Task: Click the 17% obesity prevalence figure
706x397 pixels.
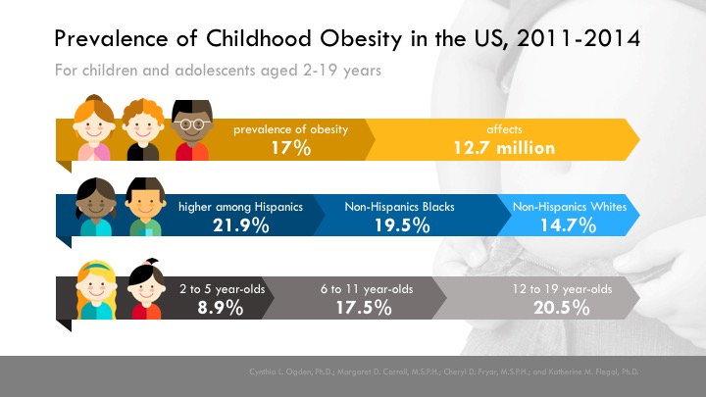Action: (x=291, y=148)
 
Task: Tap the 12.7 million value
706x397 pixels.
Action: (x=506, y=148)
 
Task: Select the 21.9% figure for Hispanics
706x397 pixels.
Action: (x=240, y=226)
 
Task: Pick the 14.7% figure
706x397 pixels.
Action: (x=569, y=226)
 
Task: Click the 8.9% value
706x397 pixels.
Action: (x=213, y=308)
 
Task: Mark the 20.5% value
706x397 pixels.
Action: (x=562, y=308)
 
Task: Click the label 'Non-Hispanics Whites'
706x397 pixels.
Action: (x=569, y=208)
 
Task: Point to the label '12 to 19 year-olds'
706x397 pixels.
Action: (x=562, y=289)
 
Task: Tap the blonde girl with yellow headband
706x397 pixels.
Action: (x=97, y=291)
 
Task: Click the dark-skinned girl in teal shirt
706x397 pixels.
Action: (x=96, y=208)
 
